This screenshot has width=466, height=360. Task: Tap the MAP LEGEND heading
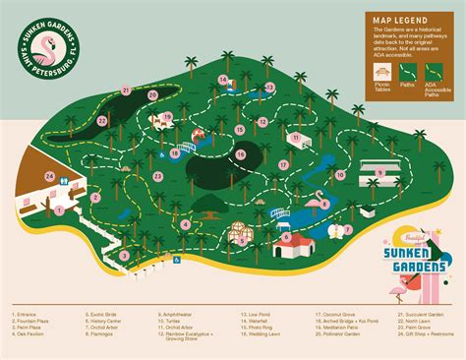399,19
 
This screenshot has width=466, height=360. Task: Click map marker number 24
49,176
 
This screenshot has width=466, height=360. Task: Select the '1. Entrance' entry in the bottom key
28,315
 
